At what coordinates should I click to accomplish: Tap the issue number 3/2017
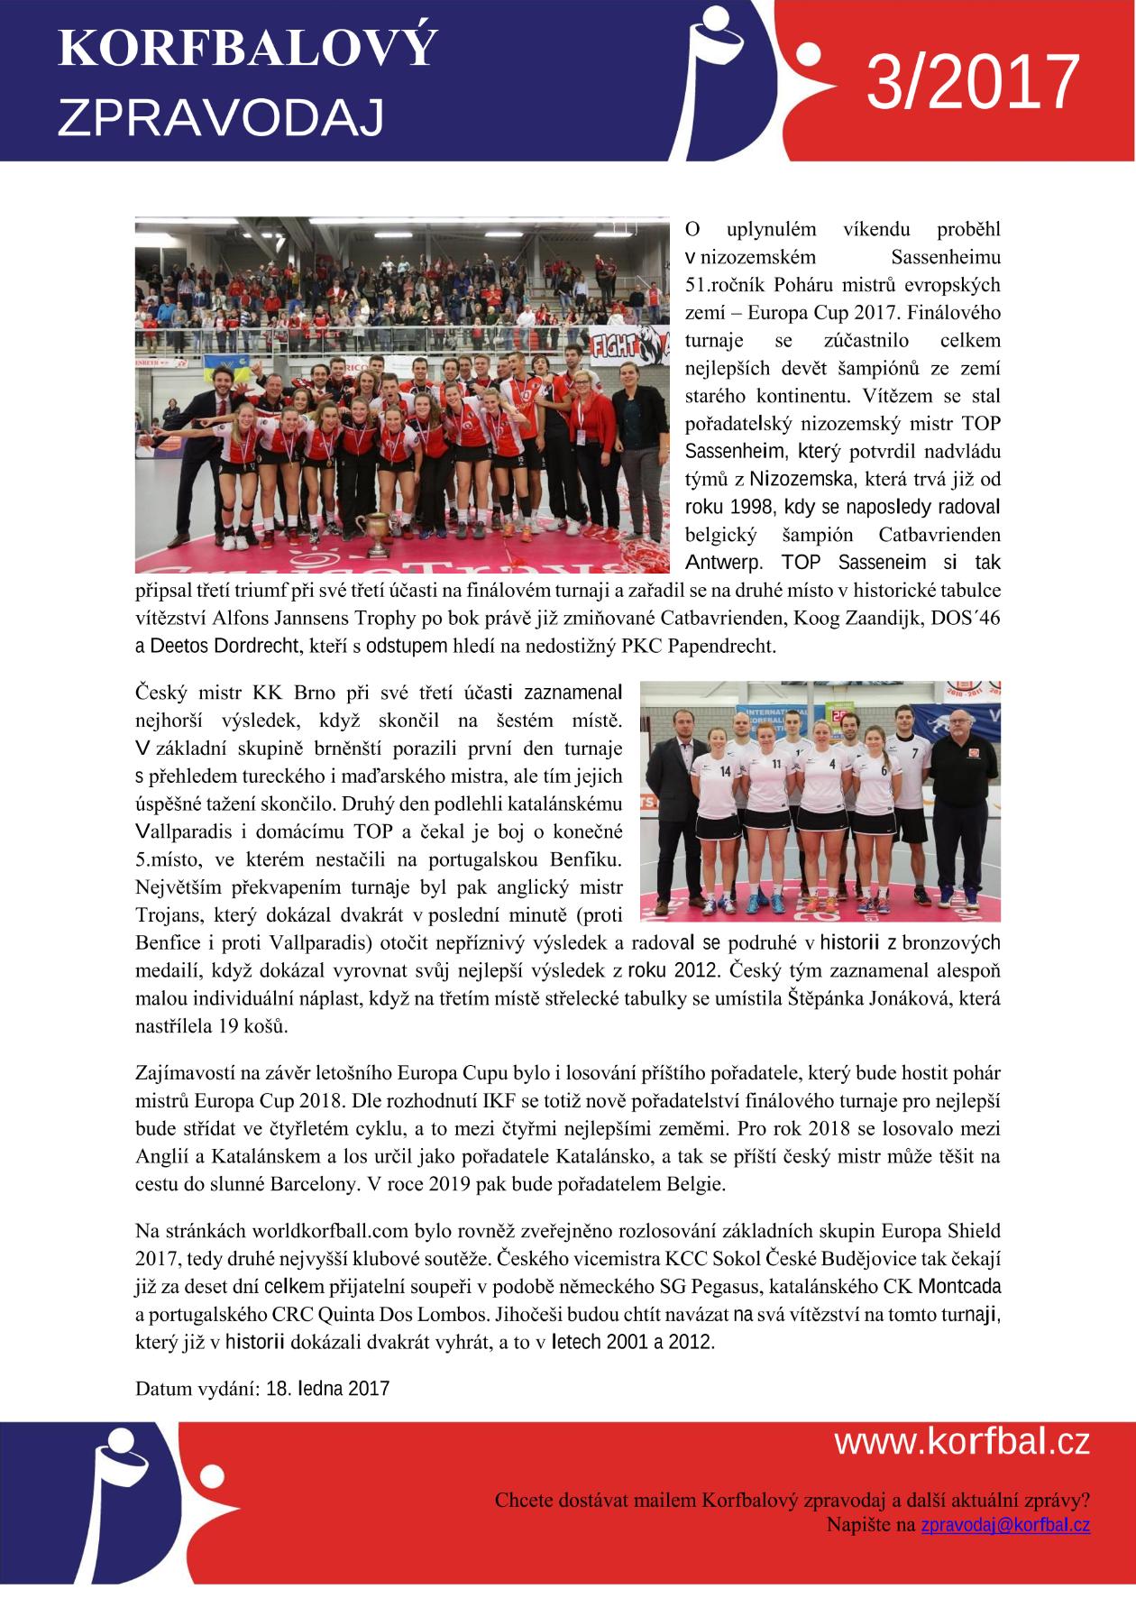(x=973, y=82)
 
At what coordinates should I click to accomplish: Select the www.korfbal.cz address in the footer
(x=961, y=1442)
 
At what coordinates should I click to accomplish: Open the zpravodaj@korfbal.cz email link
(x=1004, y=1525)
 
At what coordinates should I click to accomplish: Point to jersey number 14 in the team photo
(x=725, y=772)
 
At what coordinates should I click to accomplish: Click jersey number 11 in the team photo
(x=775, y=764)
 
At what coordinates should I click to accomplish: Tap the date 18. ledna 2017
(x=328, y=1388)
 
